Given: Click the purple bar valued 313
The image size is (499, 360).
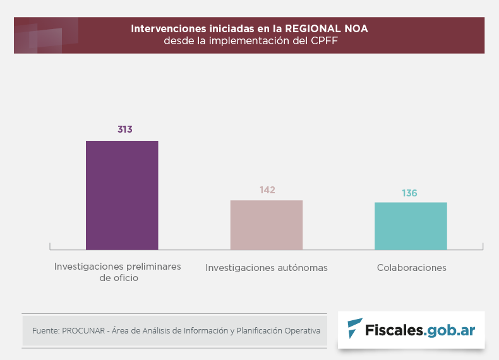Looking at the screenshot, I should point(122,195).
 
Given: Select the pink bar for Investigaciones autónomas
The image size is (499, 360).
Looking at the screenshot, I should point(267,225).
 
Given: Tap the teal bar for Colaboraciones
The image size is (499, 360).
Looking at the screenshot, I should point(411,226).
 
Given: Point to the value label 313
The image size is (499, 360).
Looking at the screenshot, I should point(124,129).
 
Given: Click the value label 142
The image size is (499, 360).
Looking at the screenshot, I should point(267,189).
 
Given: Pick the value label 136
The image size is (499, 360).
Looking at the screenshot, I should point(409,193).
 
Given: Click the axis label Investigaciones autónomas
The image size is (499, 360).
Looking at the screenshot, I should point(267,268).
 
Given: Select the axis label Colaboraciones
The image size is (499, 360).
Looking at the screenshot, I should point(412,268).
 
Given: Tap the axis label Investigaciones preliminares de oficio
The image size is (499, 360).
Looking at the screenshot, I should point(118,272).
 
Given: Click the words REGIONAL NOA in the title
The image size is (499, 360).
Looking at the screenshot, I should point(327,29).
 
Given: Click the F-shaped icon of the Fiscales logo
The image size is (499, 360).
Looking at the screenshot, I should point(355,328).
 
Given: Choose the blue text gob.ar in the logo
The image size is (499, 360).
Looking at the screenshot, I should point(450,330).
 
